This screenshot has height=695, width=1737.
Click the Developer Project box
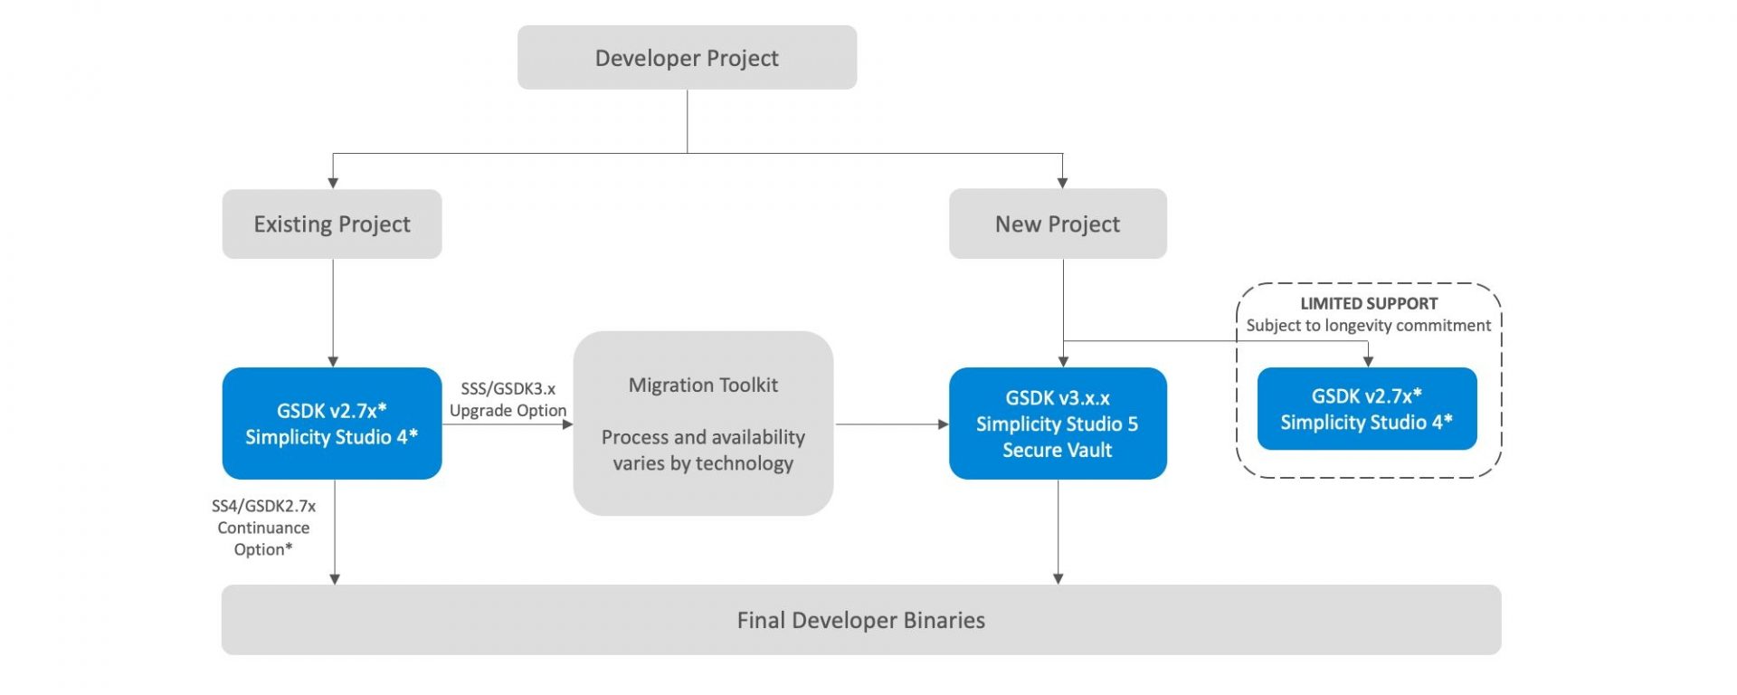click(x=687, y=57)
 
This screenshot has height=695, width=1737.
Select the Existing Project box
click(x=332, y=224)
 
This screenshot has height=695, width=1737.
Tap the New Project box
click(x=1058, y=224)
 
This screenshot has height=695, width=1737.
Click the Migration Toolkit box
click(x=703, y=424)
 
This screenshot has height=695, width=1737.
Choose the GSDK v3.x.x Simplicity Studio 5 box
click(x=1058, y=424)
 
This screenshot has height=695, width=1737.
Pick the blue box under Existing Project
click(x=332, y=424)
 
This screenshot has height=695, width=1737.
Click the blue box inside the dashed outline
click(x=1367, y=409)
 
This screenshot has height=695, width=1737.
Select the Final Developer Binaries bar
click(x=861, y=620)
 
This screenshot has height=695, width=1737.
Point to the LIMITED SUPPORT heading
click(x=1369, y=303)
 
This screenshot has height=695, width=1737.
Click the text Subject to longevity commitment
click(x=1369, y=325)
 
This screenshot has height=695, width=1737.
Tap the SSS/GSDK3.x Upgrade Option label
click(x=508, y=399)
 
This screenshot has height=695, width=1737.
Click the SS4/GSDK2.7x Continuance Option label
click(x=263, y=528)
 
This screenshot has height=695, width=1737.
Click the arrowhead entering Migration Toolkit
click(x=567, y=424)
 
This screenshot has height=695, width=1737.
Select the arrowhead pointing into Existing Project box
click(x=333, y=183)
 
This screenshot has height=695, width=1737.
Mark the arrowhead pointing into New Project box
click(x=1062, y=183)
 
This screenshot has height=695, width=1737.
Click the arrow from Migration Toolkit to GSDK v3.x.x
click(x=892, y=424)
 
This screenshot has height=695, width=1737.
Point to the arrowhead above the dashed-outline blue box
click(x=1368, y=361)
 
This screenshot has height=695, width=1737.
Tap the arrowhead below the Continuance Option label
click(x=335, y=579)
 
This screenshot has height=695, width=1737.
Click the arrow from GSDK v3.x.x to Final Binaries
click(x=1058, y=532)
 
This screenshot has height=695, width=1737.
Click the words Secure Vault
click(x=1058, y=450)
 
